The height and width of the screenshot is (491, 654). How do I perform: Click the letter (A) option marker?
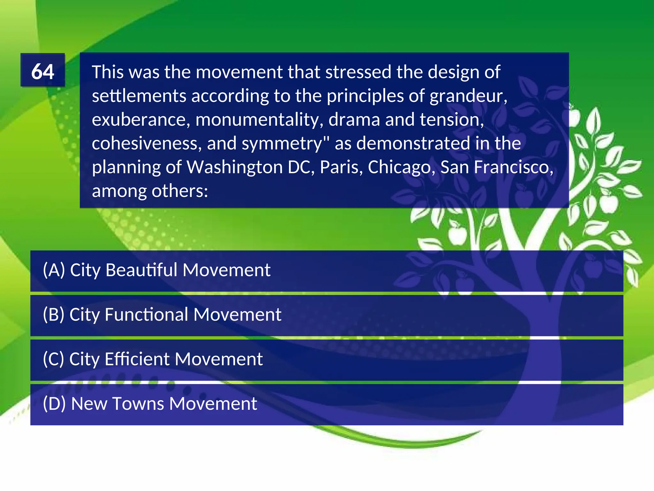54,270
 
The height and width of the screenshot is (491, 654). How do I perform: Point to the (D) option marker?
54,403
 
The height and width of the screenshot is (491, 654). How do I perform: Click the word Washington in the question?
234,167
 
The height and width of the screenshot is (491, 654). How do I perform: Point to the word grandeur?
468,96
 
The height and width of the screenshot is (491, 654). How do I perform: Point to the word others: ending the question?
180,191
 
